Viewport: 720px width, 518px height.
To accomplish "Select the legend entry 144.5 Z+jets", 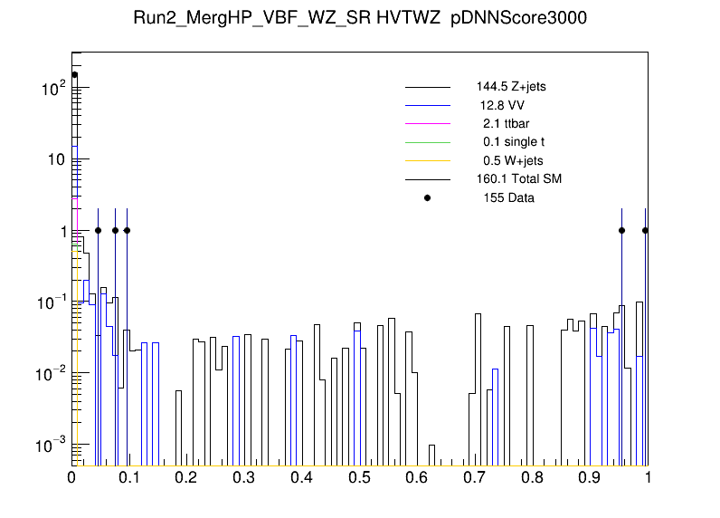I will click(x=511, y=87).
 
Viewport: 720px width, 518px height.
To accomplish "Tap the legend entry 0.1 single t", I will click(x=513, y=142).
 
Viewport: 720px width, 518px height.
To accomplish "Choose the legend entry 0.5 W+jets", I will click(x=513, y=160).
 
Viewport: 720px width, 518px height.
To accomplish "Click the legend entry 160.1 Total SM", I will click(x=519, y=179).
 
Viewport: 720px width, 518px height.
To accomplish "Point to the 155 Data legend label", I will click(x=508, y=197).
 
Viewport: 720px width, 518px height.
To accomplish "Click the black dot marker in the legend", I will click(x=428, y=197).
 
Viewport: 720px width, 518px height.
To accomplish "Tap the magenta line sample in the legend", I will click(x=428, y=123).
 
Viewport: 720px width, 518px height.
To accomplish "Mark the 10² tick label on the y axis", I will click(x=53, y=89).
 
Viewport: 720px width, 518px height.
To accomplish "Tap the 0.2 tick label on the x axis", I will click(x=187, y=478).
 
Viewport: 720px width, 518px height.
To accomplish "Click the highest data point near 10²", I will click(x=75, y=75).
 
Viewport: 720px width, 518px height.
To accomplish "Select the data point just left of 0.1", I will click(x=127, y=230).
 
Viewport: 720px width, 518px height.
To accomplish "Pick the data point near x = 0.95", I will click(x=621, y=230).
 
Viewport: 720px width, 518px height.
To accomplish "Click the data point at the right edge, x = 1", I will click(x=645, y=230).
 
